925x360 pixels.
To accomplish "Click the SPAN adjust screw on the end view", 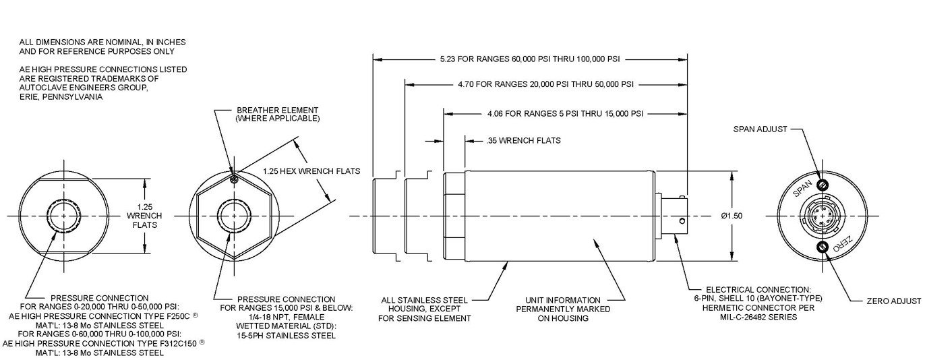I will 822,185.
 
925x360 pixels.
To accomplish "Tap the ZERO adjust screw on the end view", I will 822,247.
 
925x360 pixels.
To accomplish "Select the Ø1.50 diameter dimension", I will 731,216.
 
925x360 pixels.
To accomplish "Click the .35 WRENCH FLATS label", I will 523,141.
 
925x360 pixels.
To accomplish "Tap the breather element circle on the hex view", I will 233,179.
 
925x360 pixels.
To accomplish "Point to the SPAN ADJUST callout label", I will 760,129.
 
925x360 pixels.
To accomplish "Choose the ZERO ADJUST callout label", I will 894,301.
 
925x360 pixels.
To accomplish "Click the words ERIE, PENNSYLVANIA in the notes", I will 61,97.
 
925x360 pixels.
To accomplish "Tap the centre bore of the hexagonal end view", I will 233,216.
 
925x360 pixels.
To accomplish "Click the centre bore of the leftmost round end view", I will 63,216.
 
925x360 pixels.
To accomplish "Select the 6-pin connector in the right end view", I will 822,216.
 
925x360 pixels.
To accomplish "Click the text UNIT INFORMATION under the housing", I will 563,300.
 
